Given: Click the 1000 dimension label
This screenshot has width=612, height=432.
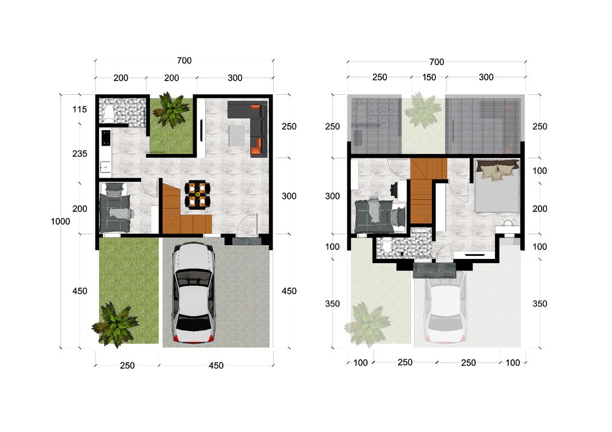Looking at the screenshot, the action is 60,221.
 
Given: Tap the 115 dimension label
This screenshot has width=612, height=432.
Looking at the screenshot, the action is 79,109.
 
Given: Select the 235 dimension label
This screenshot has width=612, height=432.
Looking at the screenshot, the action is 79,153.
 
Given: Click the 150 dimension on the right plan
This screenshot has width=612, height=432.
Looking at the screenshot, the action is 429,77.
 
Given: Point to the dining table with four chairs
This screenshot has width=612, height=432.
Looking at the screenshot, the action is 197,195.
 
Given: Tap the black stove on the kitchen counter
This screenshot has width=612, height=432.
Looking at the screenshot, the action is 106,138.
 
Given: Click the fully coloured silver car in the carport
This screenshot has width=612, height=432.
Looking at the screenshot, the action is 194,292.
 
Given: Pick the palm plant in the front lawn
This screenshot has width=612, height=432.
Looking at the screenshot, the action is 115,324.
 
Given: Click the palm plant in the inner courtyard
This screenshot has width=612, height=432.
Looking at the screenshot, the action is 171,110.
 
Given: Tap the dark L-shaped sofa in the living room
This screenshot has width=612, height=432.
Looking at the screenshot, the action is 248,128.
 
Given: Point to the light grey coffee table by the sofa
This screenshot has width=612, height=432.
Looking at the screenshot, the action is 237,134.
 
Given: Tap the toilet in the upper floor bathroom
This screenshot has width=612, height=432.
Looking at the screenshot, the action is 387,246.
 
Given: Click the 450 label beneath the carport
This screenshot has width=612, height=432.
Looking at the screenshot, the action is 216,365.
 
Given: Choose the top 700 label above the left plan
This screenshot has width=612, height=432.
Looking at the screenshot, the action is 184,60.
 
